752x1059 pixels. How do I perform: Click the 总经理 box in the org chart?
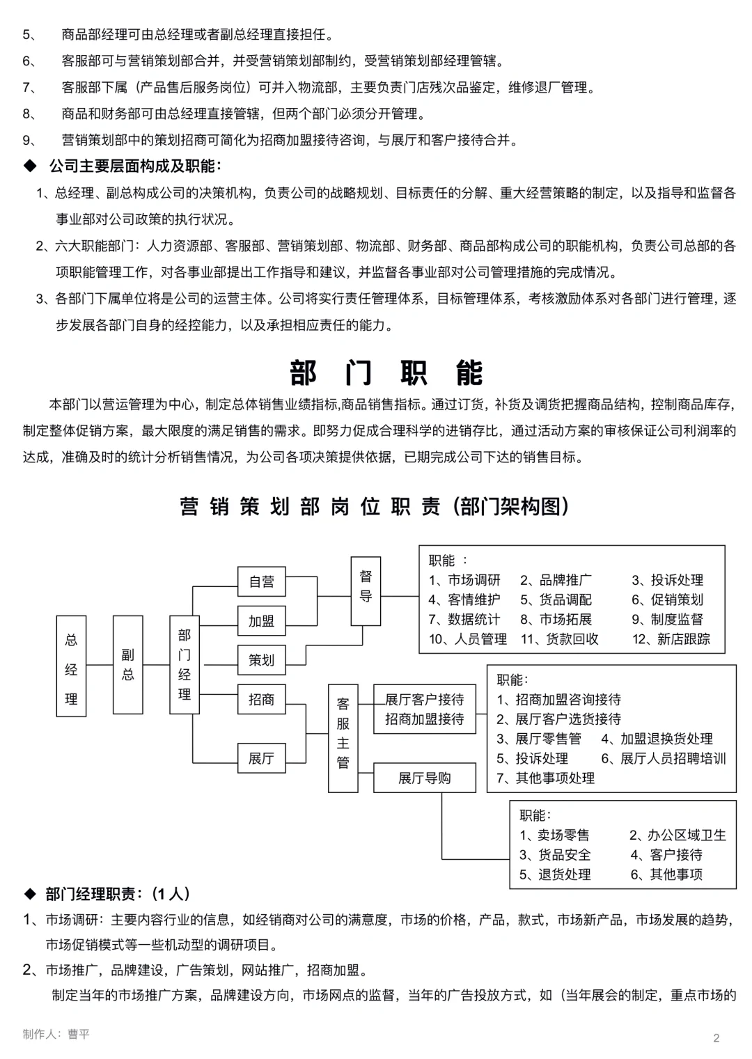click(x=71, y=666)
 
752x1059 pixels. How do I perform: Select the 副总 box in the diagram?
click(x=127, y=664)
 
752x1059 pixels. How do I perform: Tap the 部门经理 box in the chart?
click(x=185, y=664)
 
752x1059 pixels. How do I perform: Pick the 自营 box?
click(x=262, y=581)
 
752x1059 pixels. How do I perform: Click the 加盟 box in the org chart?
click(x=262, y=621)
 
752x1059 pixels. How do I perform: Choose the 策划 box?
click(x=262, y=660)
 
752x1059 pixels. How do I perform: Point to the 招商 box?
click(x=262, y=700)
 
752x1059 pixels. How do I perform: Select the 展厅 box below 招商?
click(x=262, y=758)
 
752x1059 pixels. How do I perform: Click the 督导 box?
click(x=366, y=586)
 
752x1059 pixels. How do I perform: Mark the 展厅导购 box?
click(x=424, y=778)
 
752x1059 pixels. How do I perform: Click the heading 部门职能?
click(x=386, y=374)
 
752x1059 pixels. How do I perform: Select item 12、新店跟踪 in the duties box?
click(x=671, y=639)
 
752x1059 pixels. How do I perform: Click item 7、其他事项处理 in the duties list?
click(x=546, y=778)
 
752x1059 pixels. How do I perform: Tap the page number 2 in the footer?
click(x=716, y=1038)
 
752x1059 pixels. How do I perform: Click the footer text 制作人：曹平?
click(x=56, y=1034)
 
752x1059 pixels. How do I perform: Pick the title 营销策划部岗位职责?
click(x=310, y=507)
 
